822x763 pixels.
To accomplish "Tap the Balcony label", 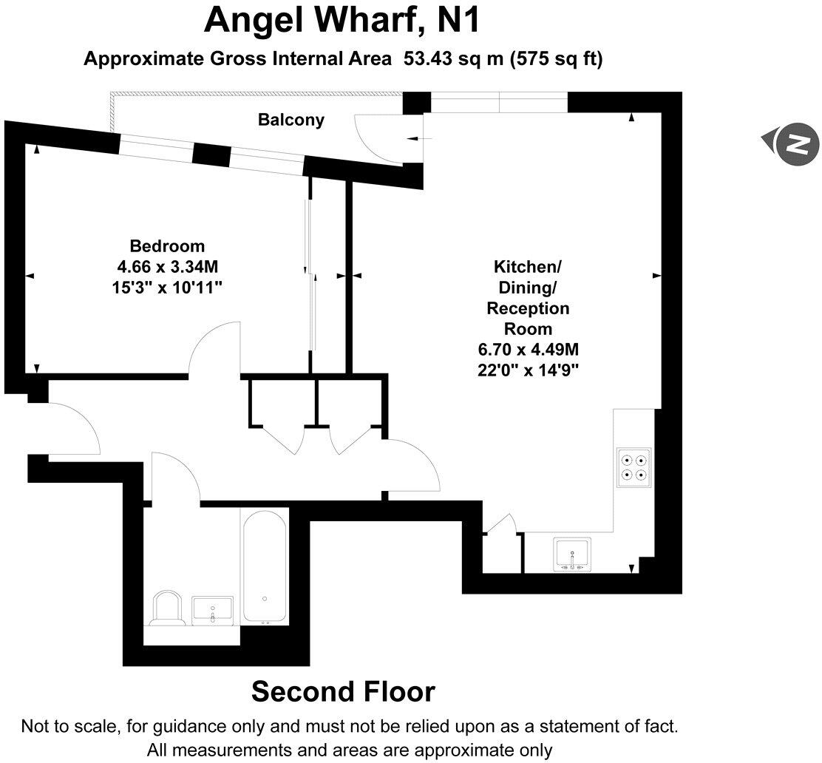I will pos(291,120).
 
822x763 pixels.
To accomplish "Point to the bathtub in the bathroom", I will pos(264,566).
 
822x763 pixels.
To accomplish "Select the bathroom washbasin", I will pos(212,610).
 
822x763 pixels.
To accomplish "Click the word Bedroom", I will pos(167,246).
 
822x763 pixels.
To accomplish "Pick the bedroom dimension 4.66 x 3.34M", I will pos(167,265).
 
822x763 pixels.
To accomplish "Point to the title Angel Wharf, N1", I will pos(342,21).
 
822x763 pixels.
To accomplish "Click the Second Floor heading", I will pos(343,692).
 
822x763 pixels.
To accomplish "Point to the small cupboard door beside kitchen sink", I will pos(501,523).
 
